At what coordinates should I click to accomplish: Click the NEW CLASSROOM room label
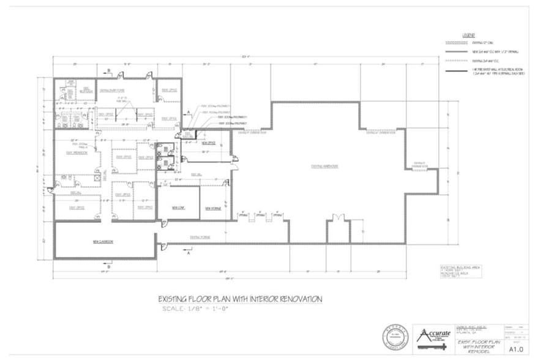click(x=104, y=242)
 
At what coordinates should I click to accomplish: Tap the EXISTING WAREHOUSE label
click(x=326, y=166)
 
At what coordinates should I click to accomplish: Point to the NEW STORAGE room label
click(x=213, y=208)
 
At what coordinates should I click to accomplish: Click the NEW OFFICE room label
click(x=209, y=143)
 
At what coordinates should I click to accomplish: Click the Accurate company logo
click(x=432, y=336)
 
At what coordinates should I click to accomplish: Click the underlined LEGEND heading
click(x=468, y=36)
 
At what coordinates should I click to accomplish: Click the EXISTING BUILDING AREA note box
click(x=456, y=271)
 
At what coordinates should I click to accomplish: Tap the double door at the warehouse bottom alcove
click(x=336, y=219)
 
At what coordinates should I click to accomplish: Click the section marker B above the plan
click(x=108, y=72)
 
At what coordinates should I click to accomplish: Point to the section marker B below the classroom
click(x=108, y=267)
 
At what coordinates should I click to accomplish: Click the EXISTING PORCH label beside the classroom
click(x=195, y=236)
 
